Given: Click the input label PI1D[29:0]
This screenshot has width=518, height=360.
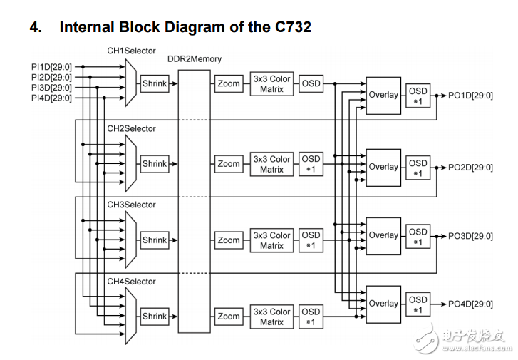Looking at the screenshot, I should coord(51,66).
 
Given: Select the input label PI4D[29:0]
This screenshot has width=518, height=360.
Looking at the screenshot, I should coord(51,98).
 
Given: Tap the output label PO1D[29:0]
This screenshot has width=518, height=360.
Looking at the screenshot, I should coord(470,96).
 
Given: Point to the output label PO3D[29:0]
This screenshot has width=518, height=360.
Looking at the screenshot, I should coord(470,235).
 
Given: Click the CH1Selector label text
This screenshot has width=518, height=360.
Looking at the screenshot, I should coord(131,51).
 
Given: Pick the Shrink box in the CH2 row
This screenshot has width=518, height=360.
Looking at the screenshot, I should coord(155,164).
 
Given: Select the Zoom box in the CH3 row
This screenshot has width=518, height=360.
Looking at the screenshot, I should coord(229,240).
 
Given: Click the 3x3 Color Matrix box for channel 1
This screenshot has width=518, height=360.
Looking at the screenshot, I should coord(271,84).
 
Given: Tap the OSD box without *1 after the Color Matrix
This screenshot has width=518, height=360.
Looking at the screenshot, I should coord(311,84).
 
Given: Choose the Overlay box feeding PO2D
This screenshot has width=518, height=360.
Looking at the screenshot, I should coord(383,167).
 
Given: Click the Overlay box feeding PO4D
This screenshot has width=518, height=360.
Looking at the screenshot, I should coord(383,304).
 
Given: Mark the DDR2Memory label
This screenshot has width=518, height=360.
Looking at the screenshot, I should coord(195,59).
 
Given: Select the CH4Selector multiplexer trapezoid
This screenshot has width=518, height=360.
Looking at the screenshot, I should coord(130,316).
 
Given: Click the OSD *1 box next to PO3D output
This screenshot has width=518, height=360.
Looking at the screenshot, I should coord(418,237).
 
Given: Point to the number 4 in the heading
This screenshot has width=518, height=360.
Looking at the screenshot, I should coord(34,28).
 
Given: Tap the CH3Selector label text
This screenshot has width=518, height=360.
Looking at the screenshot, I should coord(131,205).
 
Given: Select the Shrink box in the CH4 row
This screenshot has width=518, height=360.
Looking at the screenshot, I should coord(155,316).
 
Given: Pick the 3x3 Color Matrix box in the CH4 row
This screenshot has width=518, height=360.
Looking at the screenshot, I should coord(271,317).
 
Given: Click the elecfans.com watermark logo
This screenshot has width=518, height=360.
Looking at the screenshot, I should coord(464,339).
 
